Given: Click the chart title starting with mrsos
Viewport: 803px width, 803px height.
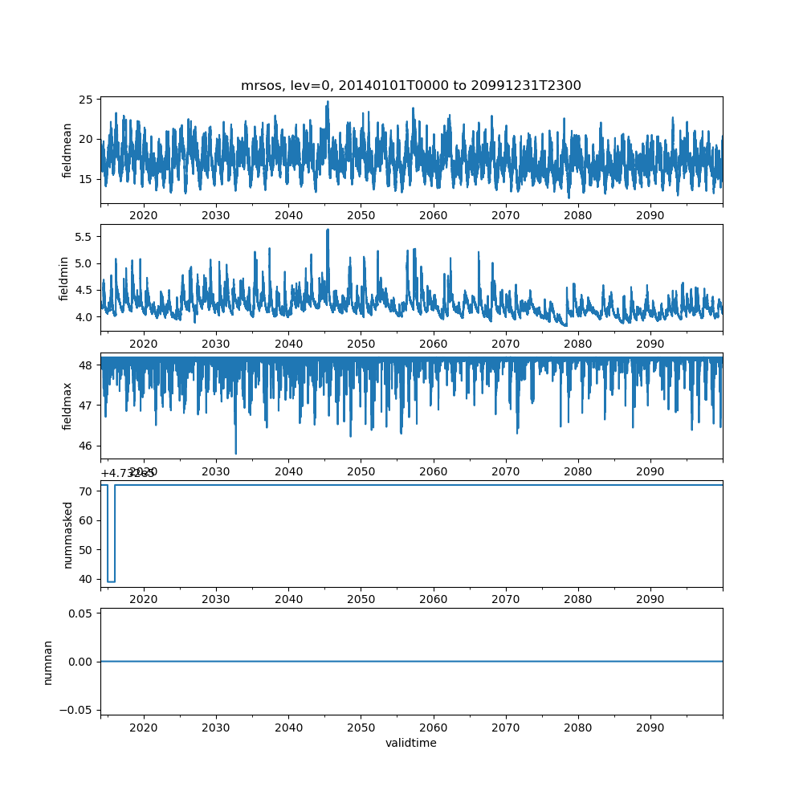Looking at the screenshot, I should point(410,85).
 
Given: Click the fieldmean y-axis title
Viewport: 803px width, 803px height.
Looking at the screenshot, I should point(67,150).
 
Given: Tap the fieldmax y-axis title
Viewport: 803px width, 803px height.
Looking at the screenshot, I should point(67,406).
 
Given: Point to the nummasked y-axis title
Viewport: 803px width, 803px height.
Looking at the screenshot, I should point(67,534).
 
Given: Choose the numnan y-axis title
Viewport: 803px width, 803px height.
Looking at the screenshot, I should point(47,662).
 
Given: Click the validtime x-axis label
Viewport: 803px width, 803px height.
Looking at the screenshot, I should point(410,743).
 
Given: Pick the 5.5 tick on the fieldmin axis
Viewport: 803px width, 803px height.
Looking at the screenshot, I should point(84,237).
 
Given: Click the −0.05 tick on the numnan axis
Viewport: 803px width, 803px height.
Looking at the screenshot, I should point(78,709).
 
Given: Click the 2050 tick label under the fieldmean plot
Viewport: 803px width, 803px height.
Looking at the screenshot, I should point(361,215).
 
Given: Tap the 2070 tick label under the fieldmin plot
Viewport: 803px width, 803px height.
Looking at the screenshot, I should point(506,343).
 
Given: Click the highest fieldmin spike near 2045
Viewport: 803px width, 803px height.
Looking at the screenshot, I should point(328,230).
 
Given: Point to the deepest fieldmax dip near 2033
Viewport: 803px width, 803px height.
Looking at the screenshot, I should point(235,453).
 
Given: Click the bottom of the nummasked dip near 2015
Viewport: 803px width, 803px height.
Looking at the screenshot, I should point(111,581).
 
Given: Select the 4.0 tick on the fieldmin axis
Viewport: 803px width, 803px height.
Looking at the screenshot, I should point(84,316).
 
